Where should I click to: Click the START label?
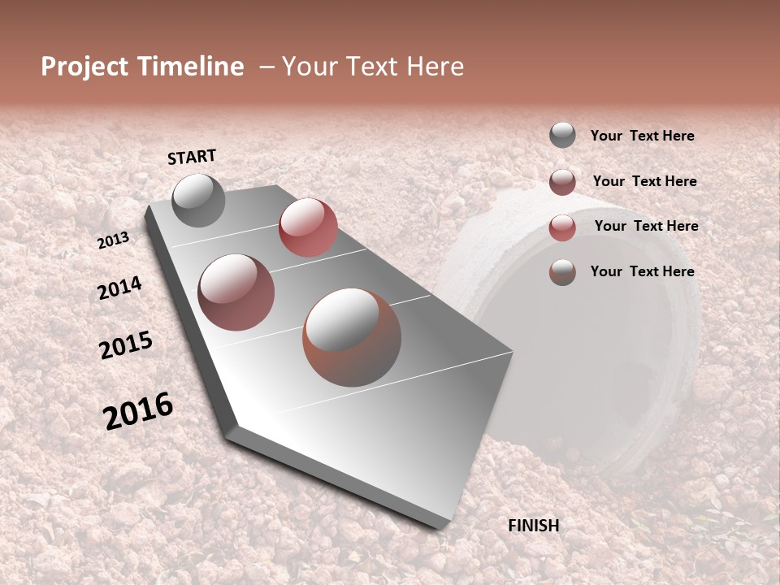click(192, 157)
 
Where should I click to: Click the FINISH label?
click(534, 526)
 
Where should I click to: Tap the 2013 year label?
click(113, 240)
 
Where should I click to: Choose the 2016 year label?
click(138, 411)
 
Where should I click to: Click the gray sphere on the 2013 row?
click(198, 200)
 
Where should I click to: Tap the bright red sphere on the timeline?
click(308, 227)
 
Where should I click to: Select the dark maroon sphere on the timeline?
click(236, 292)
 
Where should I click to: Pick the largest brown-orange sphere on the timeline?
click(352, 337)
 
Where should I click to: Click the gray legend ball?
click(562, 136)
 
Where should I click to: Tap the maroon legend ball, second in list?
click(562, 182)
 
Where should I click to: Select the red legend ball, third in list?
click(562, 227)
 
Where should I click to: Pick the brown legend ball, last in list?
click(562, 272)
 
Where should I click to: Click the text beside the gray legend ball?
click(642, 136)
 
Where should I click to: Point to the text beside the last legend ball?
click(642, 271)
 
